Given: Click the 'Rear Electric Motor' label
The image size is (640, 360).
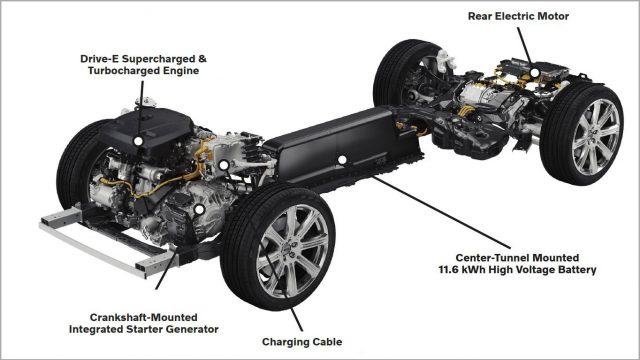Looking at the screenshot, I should pyautogui.click(x=519, y=15).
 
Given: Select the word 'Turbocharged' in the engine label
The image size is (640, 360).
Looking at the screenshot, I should pyautogui.click(x=112, y=71).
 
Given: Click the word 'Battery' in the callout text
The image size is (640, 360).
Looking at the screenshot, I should pyautogui.click(x=576, y=270).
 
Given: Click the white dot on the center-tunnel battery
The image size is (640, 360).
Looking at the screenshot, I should pyautogui.click(x=342, y=159).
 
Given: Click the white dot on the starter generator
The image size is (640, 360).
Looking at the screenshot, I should pyautogui.click(x=198, y=211).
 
